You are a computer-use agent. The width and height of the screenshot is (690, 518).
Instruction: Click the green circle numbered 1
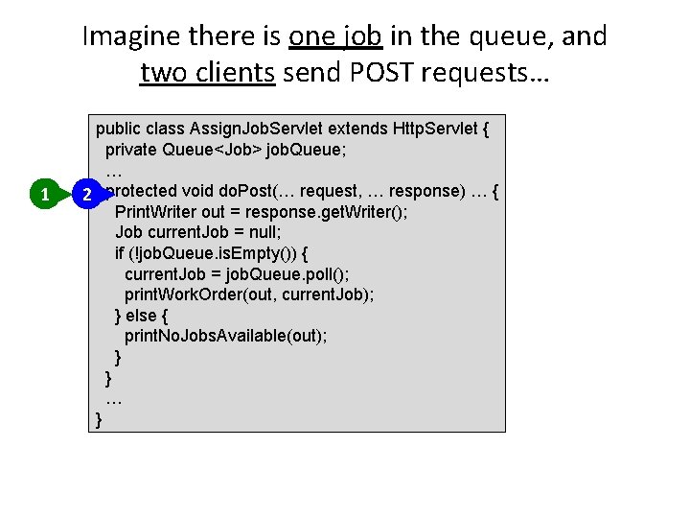click(45, 195)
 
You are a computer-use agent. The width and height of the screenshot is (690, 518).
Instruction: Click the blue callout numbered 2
click(86, 195)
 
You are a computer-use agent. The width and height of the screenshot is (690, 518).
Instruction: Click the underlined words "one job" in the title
click(335, 36)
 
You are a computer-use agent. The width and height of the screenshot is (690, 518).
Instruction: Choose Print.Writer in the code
click(155, 212)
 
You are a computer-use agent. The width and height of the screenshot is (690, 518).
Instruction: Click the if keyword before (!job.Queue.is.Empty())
click(120, 253)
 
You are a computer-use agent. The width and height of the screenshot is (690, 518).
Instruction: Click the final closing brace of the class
click(99, 419)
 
